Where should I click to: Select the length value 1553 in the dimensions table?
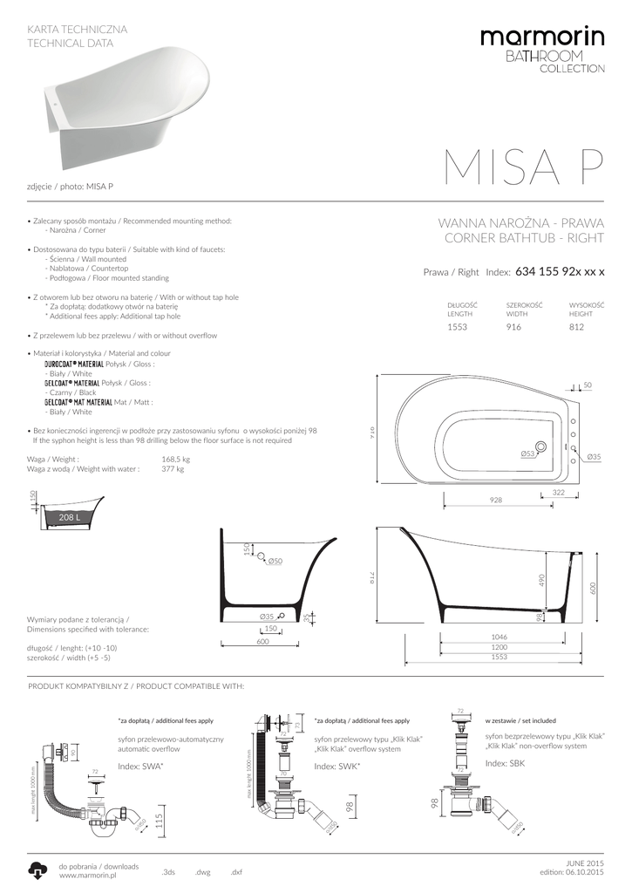[458, 329]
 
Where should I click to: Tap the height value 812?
[576, 329]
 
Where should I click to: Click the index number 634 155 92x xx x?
[560, 272]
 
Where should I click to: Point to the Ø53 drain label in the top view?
[527, 453]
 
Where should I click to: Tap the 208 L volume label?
[69, 518]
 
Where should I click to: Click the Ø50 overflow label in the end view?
[275, 561]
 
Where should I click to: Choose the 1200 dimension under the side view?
[499, 647]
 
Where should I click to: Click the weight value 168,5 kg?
[175, 459]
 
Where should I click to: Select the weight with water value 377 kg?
[173, 468]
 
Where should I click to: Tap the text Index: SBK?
[505, 763]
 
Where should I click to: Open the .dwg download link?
[202, 872]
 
